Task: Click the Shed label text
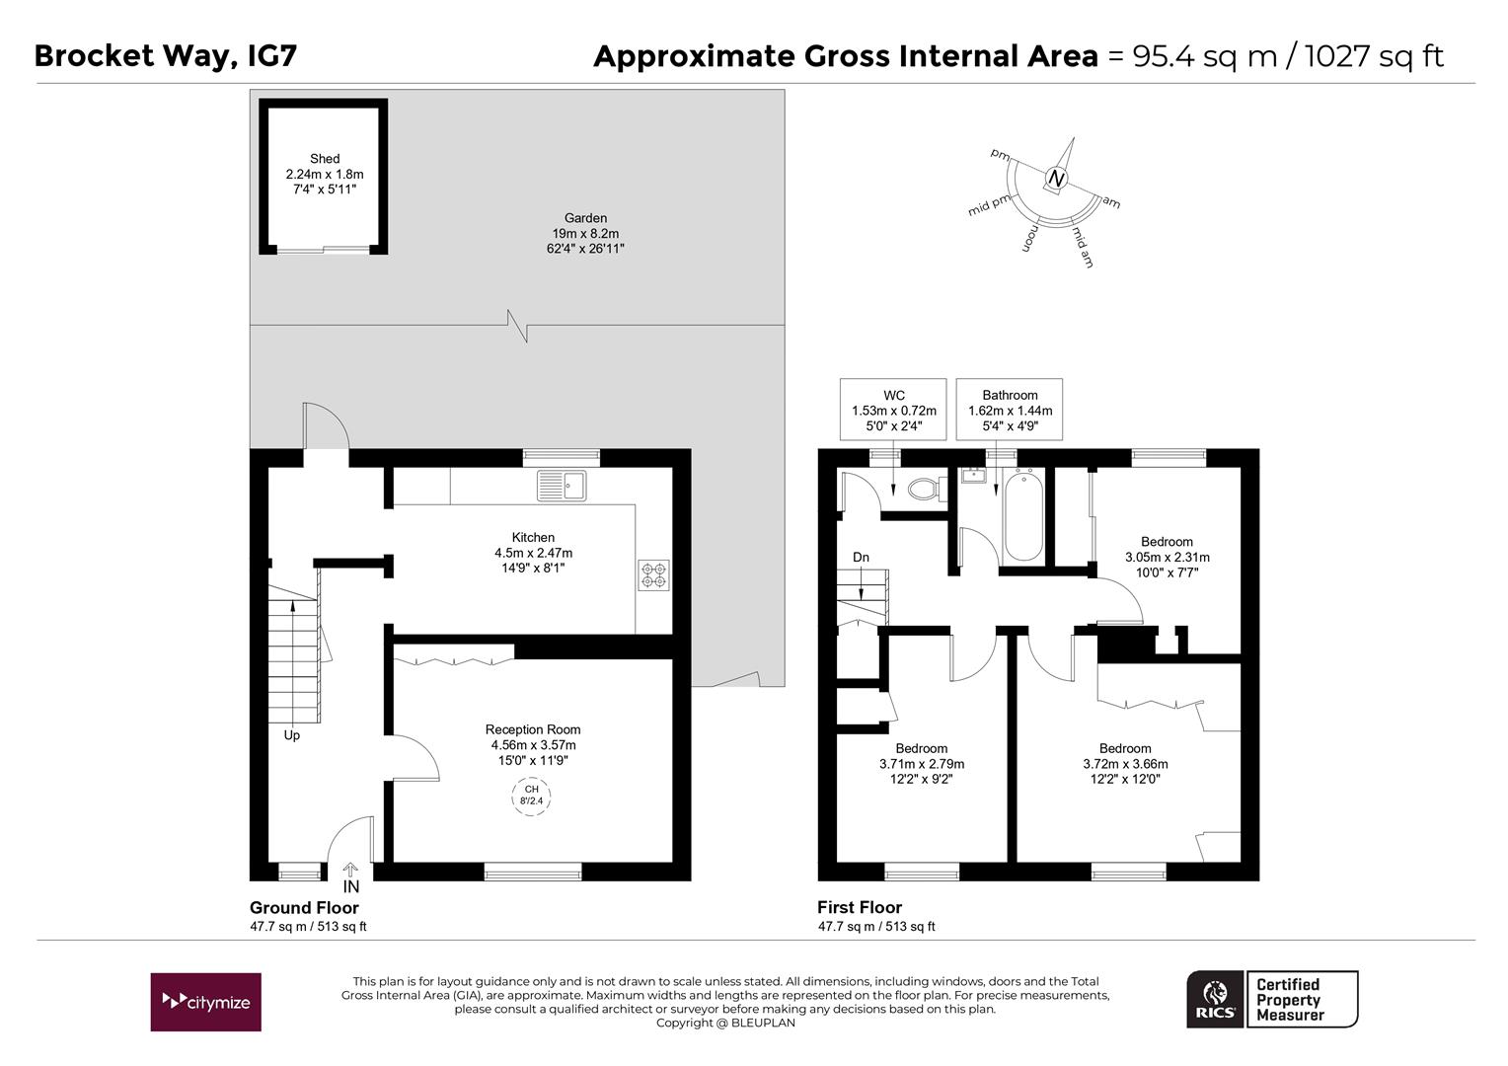click(325, 159)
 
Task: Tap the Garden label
click(585, 218)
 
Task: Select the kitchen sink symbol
click(562, 485)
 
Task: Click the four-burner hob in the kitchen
click(653, 574)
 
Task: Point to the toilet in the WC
click(925, 489)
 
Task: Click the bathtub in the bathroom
click(1021, 515)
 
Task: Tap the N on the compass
click(1057, 180)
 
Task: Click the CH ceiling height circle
click(531, 796)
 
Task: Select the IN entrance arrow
click(350, 877)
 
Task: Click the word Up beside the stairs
click(292, 735)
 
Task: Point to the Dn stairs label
click(861, 558)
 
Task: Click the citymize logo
click(205, 1002)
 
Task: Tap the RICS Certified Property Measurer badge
click(1271, 999)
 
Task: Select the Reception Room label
click(533, 730)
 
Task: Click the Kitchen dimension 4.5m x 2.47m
click(533, 553)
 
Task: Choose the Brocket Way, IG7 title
click(165, 55)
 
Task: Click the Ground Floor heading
click(304, 908)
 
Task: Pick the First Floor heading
click(860, 908)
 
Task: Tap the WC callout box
click(893, 410)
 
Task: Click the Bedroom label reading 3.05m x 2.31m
click(1167, 557)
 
